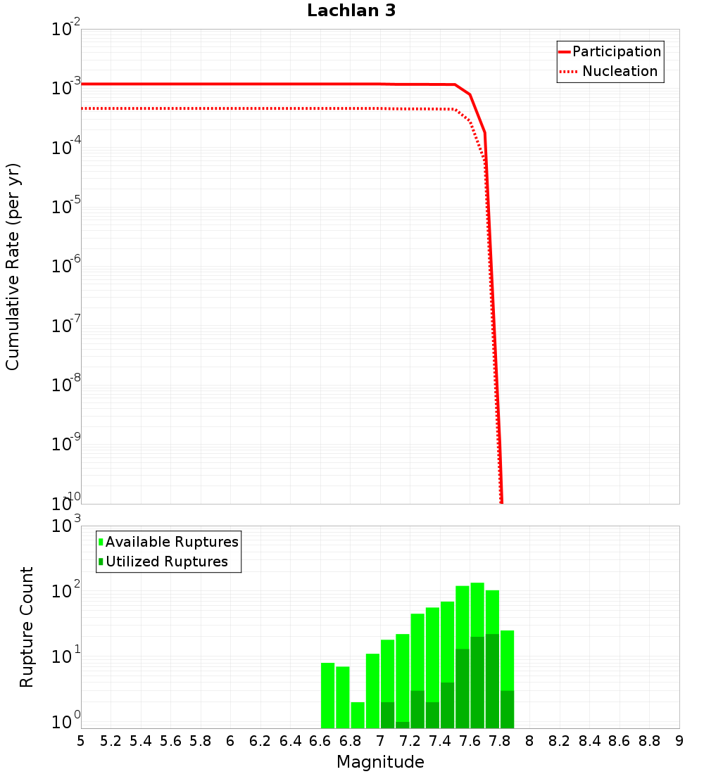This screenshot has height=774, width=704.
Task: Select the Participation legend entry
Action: (x=616, y=51)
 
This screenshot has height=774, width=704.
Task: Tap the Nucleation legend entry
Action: (x=620, y=71)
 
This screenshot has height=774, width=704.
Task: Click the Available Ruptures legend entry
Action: (x=172, y=542)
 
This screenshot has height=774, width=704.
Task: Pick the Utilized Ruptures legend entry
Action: (x=166, y=562)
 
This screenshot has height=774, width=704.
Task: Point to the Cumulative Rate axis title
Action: (x=13, y=267)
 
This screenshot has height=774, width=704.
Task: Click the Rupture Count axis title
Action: (x=27, y=627)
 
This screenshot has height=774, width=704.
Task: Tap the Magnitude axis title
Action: (x=380, y=762)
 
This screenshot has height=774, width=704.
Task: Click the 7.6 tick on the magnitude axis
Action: (x=470, y=741)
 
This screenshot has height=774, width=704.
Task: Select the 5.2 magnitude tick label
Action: (x=111, y=741)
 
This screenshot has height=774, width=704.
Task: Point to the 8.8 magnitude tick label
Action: (x=650, y=741)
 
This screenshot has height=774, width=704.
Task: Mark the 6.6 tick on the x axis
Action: (x=320, y=741)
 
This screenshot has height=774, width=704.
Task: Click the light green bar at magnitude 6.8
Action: (x=358, y=715)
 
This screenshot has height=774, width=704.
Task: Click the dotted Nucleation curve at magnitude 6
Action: (x=231, y=108)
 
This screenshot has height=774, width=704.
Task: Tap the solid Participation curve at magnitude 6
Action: (x=231, y=84)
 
